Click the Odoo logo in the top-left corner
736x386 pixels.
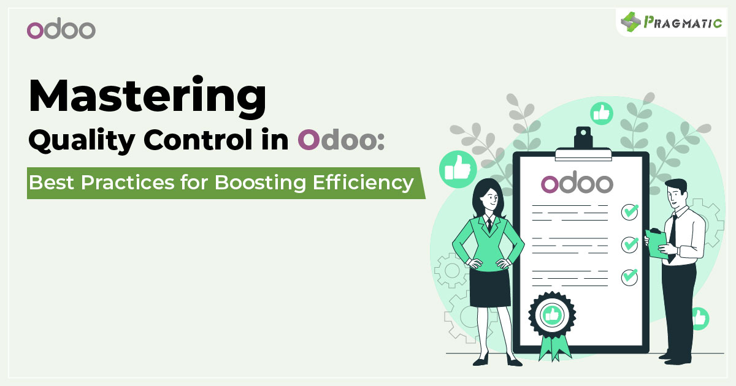[61, 28]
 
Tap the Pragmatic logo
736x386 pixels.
[671, 22]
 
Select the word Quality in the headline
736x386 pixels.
[82, 140]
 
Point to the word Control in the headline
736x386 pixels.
[198, 140]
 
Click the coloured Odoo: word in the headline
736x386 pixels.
[341, 140]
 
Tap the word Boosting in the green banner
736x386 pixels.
[260, 183]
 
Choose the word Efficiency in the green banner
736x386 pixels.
[363, 183]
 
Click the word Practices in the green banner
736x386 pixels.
[128, 182]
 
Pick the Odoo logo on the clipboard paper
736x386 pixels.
[577, 182]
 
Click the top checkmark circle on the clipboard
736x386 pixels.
[629, 212]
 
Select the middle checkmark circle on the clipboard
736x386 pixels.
[629, 244]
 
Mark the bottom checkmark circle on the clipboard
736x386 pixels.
[629, 278]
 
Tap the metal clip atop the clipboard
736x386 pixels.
[583, 145]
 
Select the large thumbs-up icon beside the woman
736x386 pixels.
[458, 169]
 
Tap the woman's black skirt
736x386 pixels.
[490, 288]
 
